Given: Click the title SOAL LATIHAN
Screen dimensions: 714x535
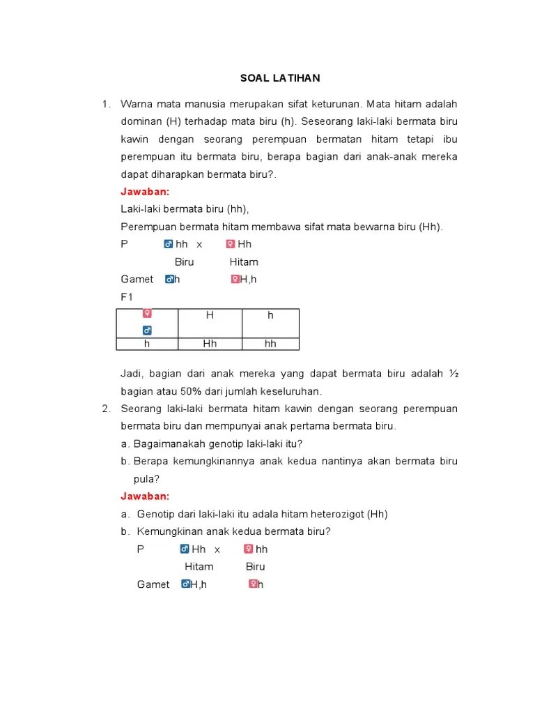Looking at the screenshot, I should pyautogui.click(x=276, y=78).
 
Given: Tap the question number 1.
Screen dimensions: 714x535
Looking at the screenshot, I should pyautogui.click(x=105, y=104).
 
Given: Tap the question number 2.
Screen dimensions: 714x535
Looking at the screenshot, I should pyautogui.click(x=105, y=409).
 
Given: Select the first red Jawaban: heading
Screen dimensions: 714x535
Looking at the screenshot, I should pyautogui.click(x=145, y=192).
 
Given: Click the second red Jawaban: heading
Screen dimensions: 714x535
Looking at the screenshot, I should pyautogui.click(x=145, y=496).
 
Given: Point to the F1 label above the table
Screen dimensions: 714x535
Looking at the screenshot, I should pyautogui.click(x=127, y=297).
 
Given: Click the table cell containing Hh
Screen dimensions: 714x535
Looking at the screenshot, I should pyautogui.click(x=210, y=344).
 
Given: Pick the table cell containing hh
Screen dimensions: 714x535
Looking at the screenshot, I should pyautogui.click(x=270, y=344).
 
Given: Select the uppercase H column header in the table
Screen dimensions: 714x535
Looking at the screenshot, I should pyautogui.click(x=210, y=315).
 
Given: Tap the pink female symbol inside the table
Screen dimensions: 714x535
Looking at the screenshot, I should pyautogui.click(x=147, y=314).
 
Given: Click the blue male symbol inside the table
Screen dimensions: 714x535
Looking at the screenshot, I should pyautogui.click(x=147, y=330).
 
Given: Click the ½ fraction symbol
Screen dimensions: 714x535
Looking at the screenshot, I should pyautogui.click(x=453, y=374).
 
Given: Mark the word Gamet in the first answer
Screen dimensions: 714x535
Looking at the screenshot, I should pyautogui.click(x=137, y=280).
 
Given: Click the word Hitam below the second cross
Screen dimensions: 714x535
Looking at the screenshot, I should pyautogui.click(x=199, y=567).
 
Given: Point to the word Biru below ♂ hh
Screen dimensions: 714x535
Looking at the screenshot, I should pyautogui.click(x=184, y=262).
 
